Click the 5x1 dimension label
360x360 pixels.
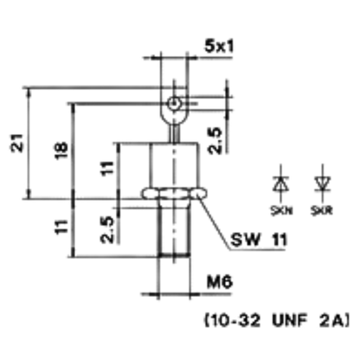pos(219,47)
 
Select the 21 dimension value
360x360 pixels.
pos(16,143)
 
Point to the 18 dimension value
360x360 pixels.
pos(61,150)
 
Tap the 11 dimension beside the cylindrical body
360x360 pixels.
pos(107,168)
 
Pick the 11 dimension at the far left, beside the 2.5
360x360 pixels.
pos(61,227)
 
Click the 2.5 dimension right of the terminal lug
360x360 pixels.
pos(215,141)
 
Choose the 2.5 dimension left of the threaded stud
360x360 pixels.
pos(107,229)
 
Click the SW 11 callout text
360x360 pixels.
pos(259,240)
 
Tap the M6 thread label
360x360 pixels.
pos(220,282)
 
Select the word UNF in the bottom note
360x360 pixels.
pos(288,321)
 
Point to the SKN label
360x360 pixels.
pos(281,211)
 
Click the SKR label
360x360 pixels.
pos(322,211)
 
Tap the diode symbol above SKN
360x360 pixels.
pos(281,183)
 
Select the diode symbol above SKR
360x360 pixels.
pos(323,183)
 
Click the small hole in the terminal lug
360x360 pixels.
pos(174,103)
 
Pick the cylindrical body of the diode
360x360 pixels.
pos(174,165)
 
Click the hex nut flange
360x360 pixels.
pos(175,194)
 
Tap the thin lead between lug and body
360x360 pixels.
pos(175,132)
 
